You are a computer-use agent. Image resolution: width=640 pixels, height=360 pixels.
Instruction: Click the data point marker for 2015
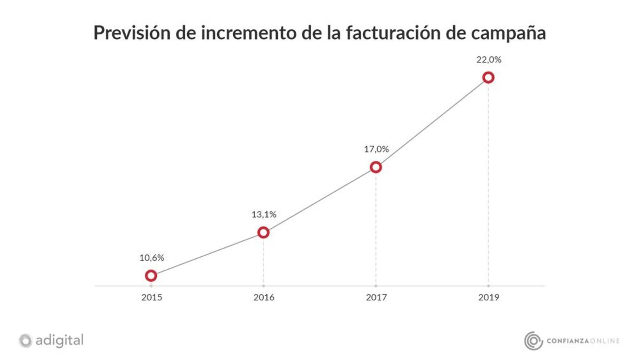(151, 276)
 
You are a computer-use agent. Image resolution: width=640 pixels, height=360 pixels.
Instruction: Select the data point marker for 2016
(263, 232)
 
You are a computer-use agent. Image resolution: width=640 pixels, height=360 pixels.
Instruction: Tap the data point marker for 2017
(376, 167)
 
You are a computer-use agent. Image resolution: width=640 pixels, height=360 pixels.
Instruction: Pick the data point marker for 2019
(488, 78)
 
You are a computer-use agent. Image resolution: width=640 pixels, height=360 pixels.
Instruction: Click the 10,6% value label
(152, 258)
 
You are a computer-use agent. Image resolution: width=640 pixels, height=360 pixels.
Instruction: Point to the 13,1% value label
(264, 214)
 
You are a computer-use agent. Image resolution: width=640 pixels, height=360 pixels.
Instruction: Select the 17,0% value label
(376, 149)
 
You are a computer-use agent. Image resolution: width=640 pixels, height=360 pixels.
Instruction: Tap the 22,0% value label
(489, 60)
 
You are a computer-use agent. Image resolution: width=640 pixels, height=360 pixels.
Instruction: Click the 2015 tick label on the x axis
(152, 297)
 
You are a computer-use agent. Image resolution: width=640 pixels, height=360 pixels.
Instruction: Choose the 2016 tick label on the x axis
(264, 297)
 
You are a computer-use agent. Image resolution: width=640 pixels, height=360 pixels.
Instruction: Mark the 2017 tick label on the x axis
(376, 297)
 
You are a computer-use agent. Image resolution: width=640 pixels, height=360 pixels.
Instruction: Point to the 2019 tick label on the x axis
(489, 297)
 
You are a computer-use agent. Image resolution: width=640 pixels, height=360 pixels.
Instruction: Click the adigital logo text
(60, 340)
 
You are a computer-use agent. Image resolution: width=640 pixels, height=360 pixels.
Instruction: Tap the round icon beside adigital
(25, 341)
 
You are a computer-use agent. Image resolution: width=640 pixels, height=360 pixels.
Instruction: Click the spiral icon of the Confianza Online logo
(533, 341)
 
